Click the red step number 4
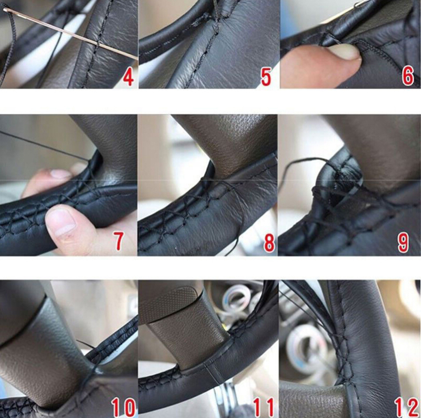(x=128, y=77)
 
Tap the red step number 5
(x=266, y=77)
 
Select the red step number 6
(x=407, y=77)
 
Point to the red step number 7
(x=118, y=241)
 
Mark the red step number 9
(x=403, y=243)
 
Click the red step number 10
(x=123, y=407)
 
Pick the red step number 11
(x=264, y=407)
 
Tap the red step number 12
(x=406, y=407)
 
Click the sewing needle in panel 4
(x=71, y=34)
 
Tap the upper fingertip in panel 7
(x=62, y=174)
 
